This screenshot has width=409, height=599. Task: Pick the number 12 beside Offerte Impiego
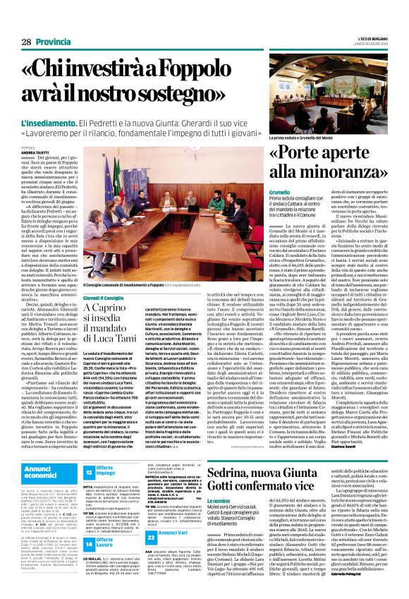tap(88, 474)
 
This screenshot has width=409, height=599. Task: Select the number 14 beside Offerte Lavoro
tap(88, 524)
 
